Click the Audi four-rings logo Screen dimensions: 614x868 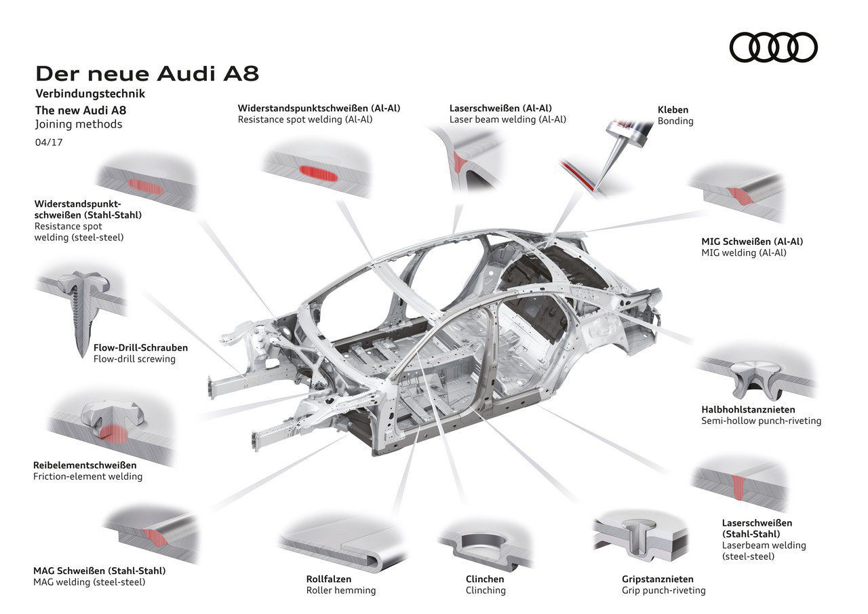(773, 47)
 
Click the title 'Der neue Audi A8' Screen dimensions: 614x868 (146, 74)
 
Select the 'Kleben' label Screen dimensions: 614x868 (673, 109)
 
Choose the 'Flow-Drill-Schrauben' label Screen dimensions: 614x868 (140, 347)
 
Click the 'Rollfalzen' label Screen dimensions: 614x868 (328, 579)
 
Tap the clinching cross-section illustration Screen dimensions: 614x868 (483, 543)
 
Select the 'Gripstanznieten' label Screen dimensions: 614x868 (657, 579)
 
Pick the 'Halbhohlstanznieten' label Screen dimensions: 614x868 (748, 409)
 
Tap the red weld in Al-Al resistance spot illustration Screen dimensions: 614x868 (318, 172)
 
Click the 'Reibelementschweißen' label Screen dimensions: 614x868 (85, 465)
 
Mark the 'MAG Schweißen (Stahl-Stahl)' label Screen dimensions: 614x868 (99, 571)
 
